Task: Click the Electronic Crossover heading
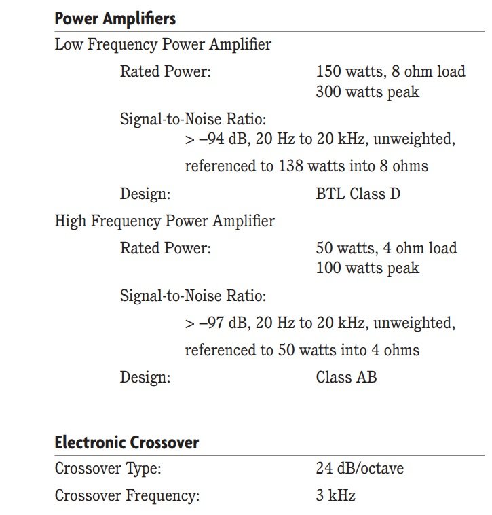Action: click(126, 442)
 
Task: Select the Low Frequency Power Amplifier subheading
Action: click(163, 46)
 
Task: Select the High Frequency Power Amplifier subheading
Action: click(165, 221)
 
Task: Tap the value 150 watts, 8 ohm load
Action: click(390, 71)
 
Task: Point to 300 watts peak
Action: click(367, 92)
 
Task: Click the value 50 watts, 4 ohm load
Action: click(386, 247)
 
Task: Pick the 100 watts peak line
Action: click(367, 268)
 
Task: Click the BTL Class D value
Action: click(358, 194)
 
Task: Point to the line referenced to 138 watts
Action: click(306, 166)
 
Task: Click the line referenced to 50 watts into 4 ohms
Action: click(302, 350)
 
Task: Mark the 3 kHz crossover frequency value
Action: click(335, 495)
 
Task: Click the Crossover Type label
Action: click(108, 468)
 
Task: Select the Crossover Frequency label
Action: click(127, 495)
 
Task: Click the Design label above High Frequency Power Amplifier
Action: click(145, 194)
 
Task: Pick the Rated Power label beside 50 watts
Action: click(165, 247)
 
